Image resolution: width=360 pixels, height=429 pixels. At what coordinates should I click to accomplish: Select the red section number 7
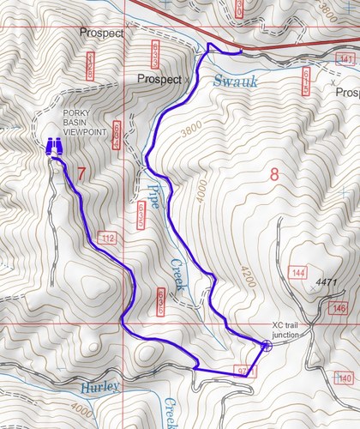click(x=81, y=174)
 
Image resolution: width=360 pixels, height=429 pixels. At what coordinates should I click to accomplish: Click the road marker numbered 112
click(x=107, y=238)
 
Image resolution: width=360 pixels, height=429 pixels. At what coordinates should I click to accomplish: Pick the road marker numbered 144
click(x=298, y=273)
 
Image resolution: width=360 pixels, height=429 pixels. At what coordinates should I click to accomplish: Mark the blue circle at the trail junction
click(x=267, y=346)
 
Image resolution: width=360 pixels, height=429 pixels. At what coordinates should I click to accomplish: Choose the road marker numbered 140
click(x=345, y=378)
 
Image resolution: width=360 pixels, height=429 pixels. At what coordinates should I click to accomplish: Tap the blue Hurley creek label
click(x=99, y=388)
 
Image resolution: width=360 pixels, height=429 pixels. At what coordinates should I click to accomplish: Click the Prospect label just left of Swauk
click(x=160, y=79)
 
